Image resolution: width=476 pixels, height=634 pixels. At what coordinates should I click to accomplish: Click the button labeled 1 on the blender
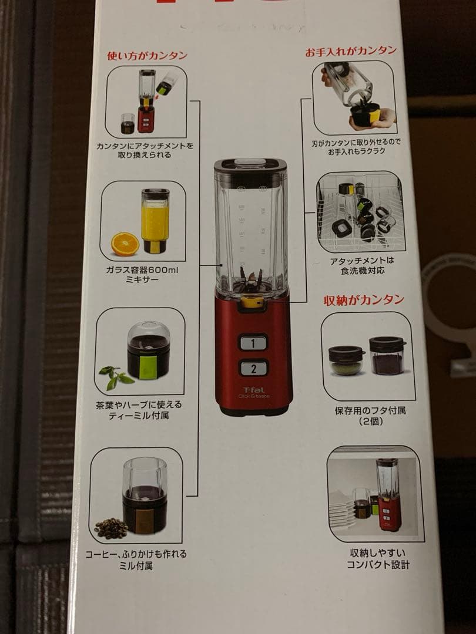pyautogui.click(x=253, y=342)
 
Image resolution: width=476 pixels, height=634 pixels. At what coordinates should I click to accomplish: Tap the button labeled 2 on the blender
pyautogui.click(x=253, y=369)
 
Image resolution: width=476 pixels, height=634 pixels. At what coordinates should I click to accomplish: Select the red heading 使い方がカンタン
pyautogui.click(x=147, y=56)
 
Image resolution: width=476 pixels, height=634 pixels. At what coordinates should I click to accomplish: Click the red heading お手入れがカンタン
pyautogui.click(x=350, y=51)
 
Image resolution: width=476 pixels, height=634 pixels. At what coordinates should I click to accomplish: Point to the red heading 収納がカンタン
pyautogui.click(x=364, y=300)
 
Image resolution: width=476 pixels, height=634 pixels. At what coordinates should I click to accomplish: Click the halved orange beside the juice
pyautogui.click(x=125, y=244)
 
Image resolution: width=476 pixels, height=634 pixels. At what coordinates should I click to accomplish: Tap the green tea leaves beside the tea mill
pyautogui.click(x=116, y=377)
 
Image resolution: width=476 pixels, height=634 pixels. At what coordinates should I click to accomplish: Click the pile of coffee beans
pyautogui.click(x=110, y=528)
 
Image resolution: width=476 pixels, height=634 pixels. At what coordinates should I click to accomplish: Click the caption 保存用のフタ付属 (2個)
pyautogui.click(x=370, y=416)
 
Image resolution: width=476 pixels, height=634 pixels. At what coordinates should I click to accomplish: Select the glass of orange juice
pyautogui.click(x=155, y=220)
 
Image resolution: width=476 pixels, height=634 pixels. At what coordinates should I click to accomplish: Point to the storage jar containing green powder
pyautogui.click(x=346, y=360)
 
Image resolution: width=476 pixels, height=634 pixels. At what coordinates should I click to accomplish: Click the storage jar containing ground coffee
pyautogui.click(x=387, y=356)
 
